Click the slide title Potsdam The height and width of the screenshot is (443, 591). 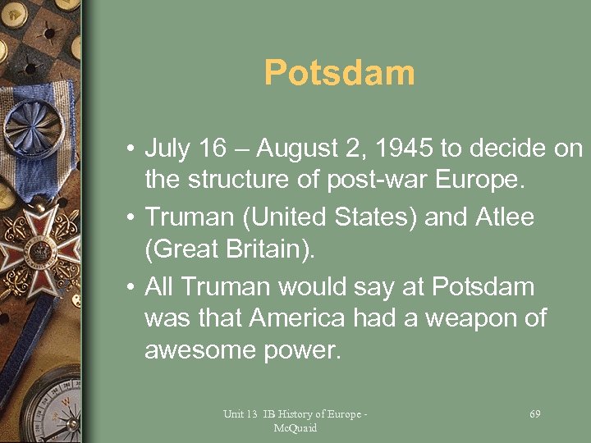point(339,74)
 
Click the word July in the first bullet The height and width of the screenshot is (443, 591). point(168,149)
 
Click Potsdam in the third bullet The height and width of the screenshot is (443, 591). point(483,287)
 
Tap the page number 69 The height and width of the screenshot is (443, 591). point(535,414)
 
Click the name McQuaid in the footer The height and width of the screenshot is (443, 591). point(295,428)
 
